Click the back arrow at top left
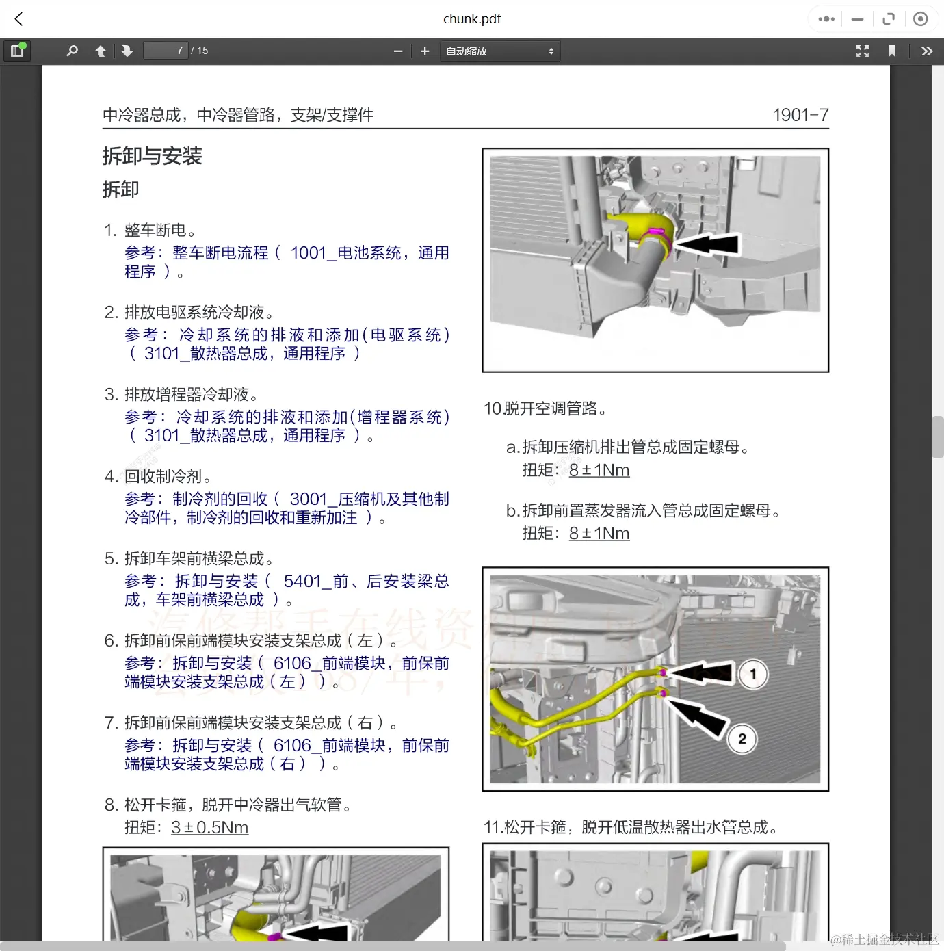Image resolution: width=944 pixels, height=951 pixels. tap(19, 19)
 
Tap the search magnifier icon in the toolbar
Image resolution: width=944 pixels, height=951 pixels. tap(72, 51)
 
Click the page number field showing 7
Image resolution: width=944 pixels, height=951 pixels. tap(166, 51)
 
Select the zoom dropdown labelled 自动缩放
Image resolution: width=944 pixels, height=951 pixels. tap(499, 51)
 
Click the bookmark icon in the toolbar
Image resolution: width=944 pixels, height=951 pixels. tap(891, 51)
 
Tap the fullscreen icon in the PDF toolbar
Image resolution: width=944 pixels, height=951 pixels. tap(863, 51)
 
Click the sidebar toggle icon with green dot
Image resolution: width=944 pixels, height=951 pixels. tap(18, 51)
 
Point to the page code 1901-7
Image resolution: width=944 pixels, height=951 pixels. tap(800, 115)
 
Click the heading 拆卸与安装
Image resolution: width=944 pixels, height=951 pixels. tap(152, 156)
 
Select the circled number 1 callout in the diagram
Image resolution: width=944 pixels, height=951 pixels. tap(753, 674)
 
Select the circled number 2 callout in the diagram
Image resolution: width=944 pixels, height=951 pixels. tap(742, 739)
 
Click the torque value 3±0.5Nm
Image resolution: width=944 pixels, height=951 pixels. tap(209, 827)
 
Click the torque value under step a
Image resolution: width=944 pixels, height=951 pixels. tap(599, 470)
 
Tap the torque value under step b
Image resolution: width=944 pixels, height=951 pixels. tap(599, 533)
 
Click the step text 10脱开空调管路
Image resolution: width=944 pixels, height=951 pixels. tap(545, 408)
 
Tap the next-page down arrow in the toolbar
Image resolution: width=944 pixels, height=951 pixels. tap(127, 51)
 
